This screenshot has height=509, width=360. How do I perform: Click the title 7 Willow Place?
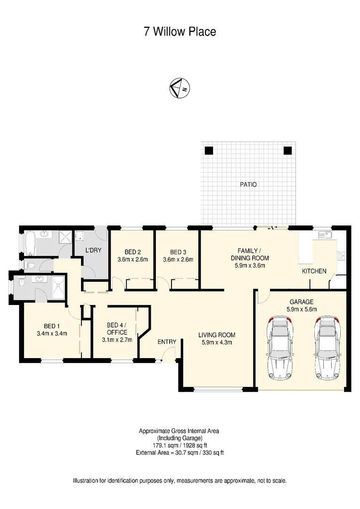(180, 32)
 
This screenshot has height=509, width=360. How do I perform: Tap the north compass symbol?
(180, 88)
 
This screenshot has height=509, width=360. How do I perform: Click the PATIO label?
(248, 184)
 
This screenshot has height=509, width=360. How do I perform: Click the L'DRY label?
(93, 250)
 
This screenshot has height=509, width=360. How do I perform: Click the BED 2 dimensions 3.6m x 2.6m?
(132, 259)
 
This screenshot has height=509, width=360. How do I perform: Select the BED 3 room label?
(178, 252)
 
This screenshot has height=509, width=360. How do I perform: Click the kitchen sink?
(325, 234)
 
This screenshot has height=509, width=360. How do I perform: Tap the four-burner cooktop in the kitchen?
(342, 255)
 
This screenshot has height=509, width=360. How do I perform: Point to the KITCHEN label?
(314, 271)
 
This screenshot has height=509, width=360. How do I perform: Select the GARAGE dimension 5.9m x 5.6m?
(302, 309)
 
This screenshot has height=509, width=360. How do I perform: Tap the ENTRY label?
(167, 342)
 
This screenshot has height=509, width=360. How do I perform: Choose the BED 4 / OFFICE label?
(117, 328)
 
